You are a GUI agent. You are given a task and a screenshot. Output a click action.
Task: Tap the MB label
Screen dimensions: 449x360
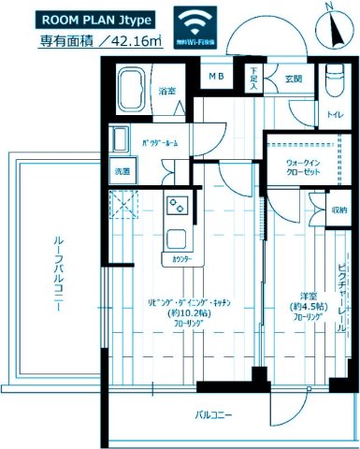[x=216, y=76]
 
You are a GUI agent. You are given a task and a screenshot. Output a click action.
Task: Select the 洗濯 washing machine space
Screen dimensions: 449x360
[x=123, y=172]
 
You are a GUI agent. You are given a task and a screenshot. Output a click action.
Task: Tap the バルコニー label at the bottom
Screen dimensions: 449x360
[x=214, y=414]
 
